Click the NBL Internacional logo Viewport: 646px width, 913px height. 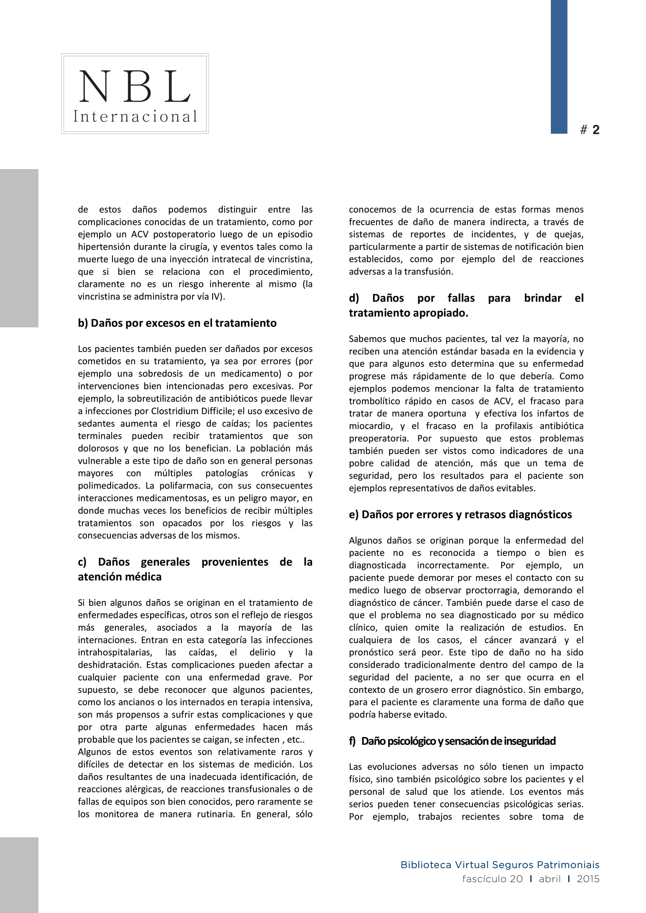[x=135, y=93]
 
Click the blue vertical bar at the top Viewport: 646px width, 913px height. [x=559, y=66]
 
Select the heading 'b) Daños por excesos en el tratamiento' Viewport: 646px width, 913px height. [x=177, y=323]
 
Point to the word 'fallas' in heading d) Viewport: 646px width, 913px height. [x=461, y=298]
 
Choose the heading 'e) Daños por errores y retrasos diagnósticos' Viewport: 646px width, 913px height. [x=460, y=514]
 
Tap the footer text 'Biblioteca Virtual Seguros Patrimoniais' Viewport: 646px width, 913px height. [x=500, y=865]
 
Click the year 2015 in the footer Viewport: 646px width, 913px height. [x=588, y=879]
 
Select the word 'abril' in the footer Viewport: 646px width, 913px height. [x=550, y=879]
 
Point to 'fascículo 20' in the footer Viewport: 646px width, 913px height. [x=492, y=879]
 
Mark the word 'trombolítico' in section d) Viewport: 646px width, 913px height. [x=374, y=401]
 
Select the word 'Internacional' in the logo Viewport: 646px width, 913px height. [x=135, y=116]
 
